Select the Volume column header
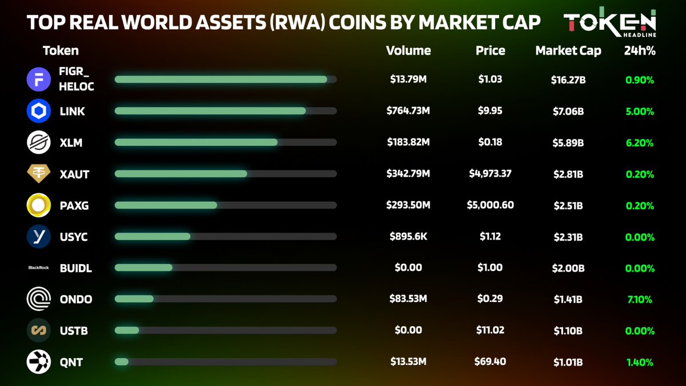(x=408, y=50)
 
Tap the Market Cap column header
(x=568, y=50)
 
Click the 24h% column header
(x=640, y=50)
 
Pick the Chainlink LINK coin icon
(x=39, y=111)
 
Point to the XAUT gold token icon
(x=39, y=174)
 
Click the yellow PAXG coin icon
(x=39, y=205)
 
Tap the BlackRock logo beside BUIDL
(x=39, y=268)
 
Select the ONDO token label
(x=75, y=299)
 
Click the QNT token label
(x=71, y=362)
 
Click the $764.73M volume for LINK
(x=408, y=110)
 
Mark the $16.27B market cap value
(x=568, y=79)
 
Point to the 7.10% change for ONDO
(x=640, y=299)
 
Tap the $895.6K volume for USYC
(x=408, y=236)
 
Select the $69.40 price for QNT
(x=490, y=361)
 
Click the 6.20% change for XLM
(x=640, y=142)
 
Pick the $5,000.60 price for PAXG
(x=490, y=205)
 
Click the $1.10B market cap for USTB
(x=568, y=331)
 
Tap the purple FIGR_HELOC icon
(x=39, y=79)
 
